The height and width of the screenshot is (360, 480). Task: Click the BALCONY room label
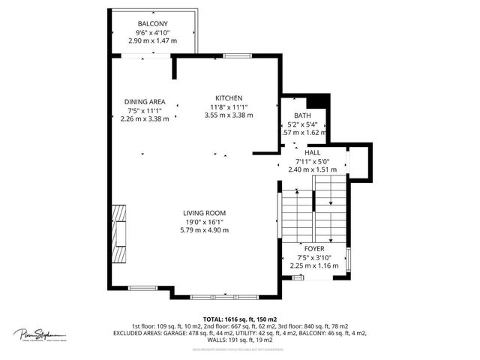tap(153, 24)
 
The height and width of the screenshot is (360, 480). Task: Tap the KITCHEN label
tap(229, 98)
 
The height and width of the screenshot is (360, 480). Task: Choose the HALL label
tap(312, 152)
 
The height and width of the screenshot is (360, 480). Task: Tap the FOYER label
tap(313, 247)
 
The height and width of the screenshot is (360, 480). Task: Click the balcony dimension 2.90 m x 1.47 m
tap(153, 40)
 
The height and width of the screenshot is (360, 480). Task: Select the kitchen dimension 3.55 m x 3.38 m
tap(229, 115)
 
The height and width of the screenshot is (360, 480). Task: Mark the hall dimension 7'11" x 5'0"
tap(312, 160)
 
